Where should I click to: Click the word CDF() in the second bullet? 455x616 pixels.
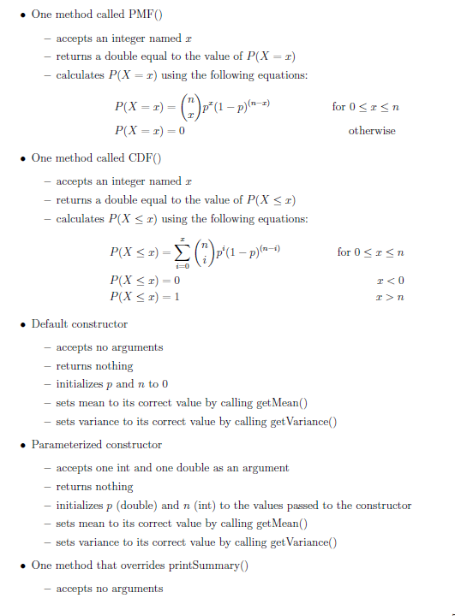pyautogui.click(x=142, y=158)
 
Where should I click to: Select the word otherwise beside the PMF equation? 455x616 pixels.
pyautogui.click(x=372, y=131)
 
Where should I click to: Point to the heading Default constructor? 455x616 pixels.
pyautogui.click(x=80, y=324)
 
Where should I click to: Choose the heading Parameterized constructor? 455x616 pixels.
pyautogui.click(x=97, y=445)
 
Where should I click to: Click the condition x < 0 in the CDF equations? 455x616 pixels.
pyautogui.click(x=390, y=280)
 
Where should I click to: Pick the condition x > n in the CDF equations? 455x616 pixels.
pyautogui.click(x=390, y=296)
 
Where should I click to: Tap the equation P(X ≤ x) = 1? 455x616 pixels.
pyautogui.click(x=146, y=296)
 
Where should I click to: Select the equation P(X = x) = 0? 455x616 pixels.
pyautogui.click(x=150, y=131)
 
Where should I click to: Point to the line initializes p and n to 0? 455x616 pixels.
pyautogui.click(x=112, y=384)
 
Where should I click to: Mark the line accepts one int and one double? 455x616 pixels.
pyautogui.click(x=172, y=468)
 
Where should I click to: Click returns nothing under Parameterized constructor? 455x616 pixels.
pyautogui.click(x=94, y=487)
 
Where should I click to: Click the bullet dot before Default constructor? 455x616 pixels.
pyautogui.click(x=21, y=325)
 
